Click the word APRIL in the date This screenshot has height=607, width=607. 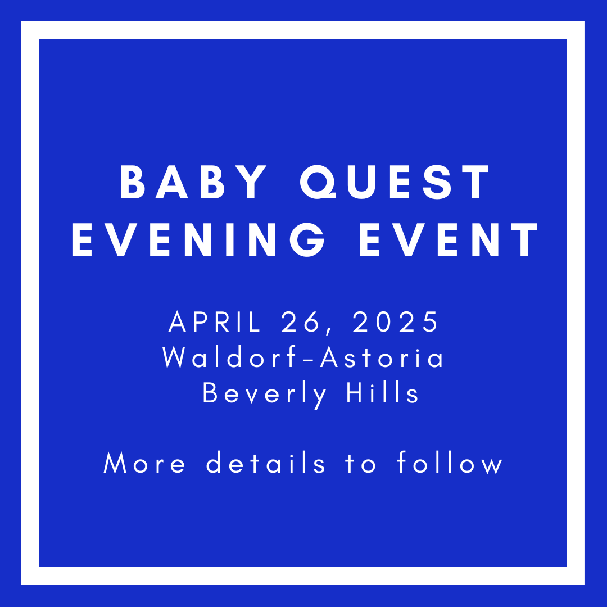click(x=215, y=322)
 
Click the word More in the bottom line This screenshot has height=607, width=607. click(x=144, y=464)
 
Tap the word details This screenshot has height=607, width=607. click(x=266, y=464)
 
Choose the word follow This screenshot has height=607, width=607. click(x=450, y=464)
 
